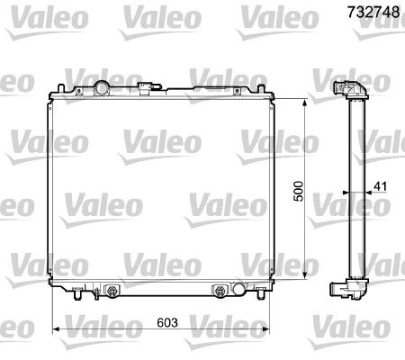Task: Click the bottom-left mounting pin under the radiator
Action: pyautogui.click(x=79, y=296)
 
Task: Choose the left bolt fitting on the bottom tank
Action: pyautogui.click(x=112, y=291)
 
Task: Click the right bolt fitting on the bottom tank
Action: pyautogui.click(x=219, y=291)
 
